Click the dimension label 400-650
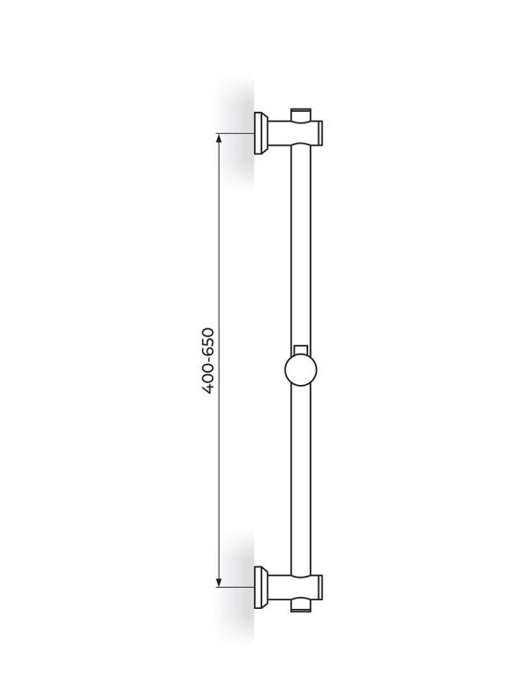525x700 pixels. click(208, 360)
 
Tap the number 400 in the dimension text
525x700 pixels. click(208, 380)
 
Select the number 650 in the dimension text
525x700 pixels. click(208, 342)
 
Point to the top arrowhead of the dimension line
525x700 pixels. click(219, 138)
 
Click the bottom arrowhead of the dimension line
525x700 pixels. click(219, 582)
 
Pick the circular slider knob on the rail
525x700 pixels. click(301, 369)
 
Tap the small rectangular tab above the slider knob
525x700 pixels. click(301, 349)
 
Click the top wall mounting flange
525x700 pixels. click(260, 133)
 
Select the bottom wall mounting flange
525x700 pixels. click(260, 587)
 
